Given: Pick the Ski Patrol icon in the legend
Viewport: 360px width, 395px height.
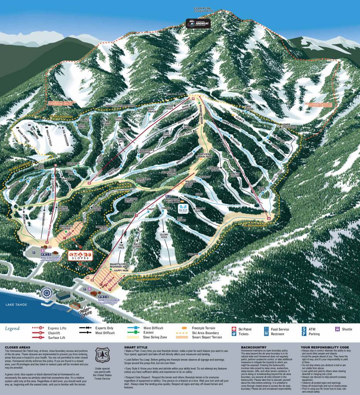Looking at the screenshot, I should (x=233, y=329).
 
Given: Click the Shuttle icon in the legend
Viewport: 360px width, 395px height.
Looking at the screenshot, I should (x=337, y=329).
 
